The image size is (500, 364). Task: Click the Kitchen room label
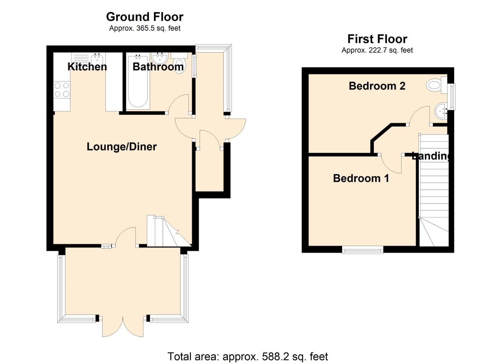(87, 67)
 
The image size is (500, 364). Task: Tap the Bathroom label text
(158, 67)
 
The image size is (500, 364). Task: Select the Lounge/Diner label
(122, 147)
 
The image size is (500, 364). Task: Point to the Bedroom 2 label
(377, 86)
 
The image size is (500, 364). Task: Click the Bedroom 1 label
(361, 178)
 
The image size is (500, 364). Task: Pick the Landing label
(431, 156)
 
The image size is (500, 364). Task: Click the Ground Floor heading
(144, 17)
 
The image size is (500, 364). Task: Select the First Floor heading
(377, 39)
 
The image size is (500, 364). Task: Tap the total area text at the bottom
(247, 356)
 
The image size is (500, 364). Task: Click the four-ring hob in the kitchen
(62, 90)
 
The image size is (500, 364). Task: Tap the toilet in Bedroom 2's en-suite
(435, 85)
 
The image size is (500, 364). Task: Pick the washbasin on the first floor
(441, 110)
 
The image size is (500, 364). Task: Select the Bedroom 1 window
(363, 250)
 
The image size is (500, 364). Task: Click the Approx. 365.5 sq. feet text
(144, 28)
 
